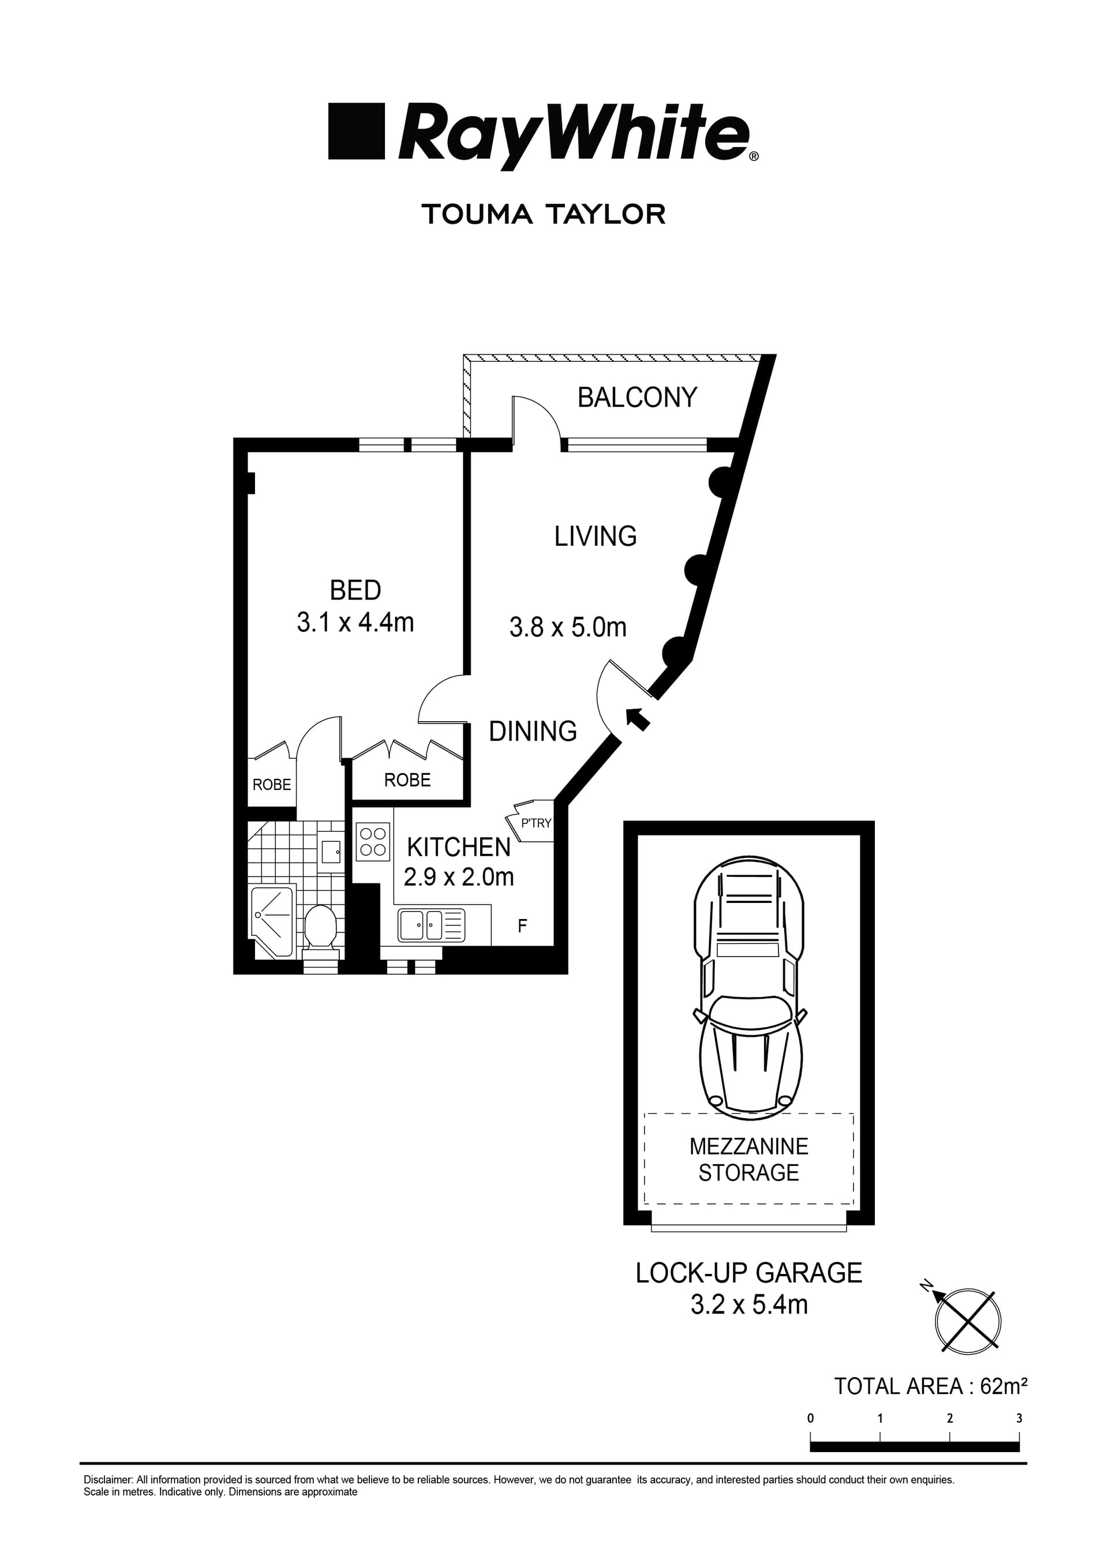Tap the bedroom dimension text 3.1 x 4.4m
355,623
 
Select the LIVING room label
596,537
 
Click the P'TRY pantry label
535,823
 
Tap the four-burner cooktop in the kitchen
373,842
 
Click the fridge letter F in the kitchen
522,926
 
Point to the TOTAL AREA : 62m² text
930,1386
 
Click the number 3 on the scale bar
1019,1418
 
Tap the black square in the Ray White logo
355,131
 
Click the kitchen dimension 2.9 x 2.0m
458,877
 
